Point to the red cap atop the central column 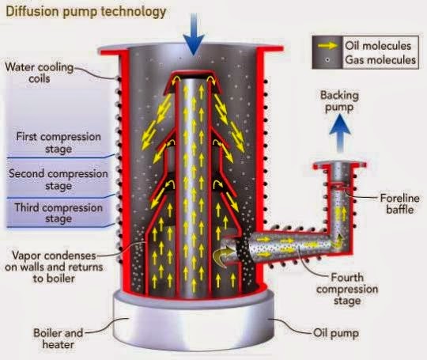[x=191, y=77]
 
